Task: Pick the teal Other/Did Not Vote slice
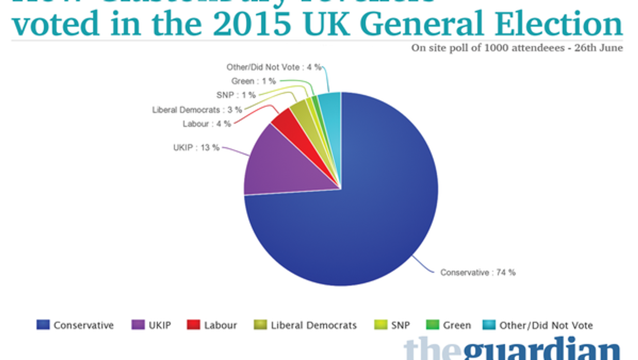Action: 331,105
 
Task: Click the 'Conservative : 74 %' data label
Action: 478,273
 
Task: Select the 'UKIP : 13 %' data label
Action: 196,147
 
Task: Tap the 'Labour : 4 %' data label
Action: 207,123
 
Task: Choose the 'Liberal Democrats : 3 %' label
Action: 197,110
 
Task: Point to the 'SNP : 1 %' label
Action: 235,95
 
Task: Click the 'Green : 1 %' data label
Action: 253,81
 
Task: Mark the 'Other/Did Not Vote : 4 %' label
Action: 274,67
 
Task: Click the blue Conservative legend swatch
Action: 43,325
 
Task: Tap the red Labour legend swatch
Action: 193,325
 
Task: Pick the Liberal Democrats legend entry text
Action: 314,325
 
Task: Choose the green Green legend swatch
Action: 433,325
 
